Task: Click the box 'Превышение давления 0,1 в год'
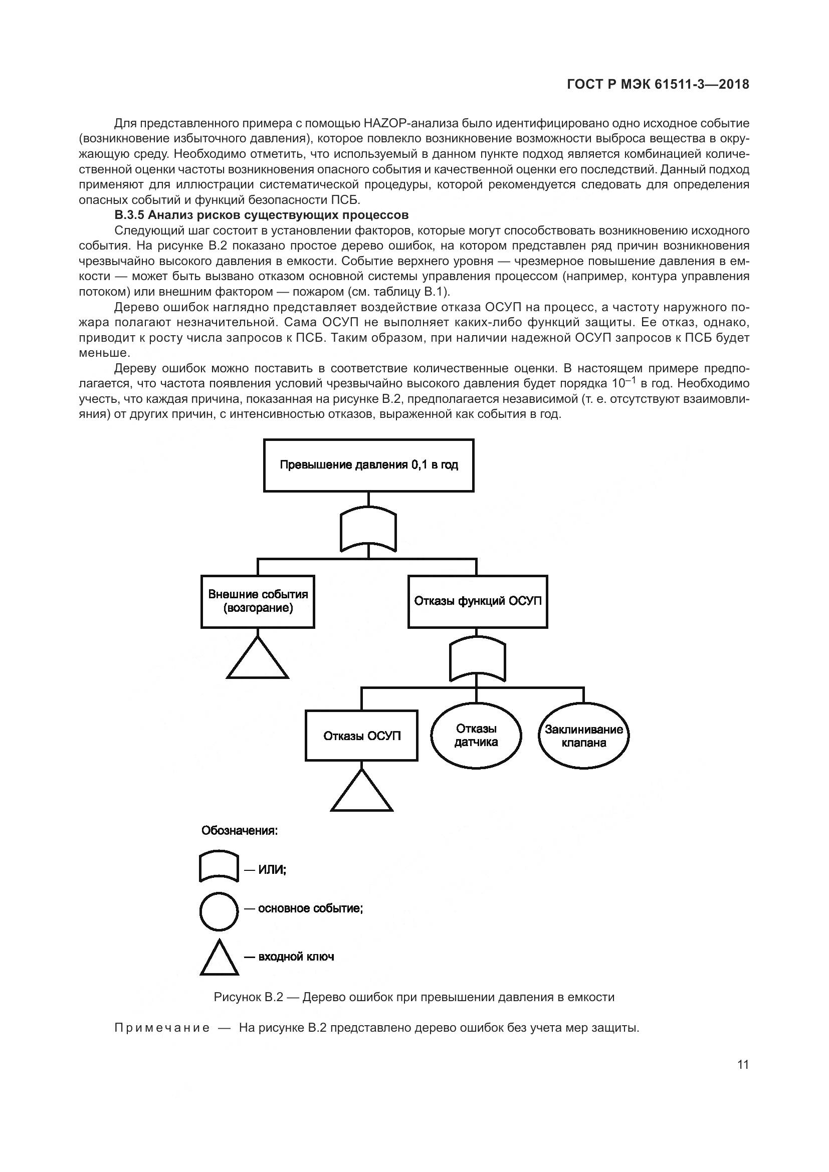pyautogui.click(x=368, y=465)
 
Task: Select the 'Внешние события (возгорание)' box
pyautogui.click(x=258, y=601)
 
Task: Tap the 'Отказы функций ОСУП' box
pyautogui.click(x=477, y=601)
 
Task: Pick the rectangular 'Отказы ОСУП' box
pyautogui.click(x=361, y=736)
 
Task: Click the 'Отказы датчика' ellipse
pyautogui.click(x=476, y=736)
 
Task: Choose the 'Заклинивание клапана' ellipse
pyautogui.click(x=583, y=736)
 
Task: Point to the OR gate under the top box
pyautogui.click(x=368, y=530)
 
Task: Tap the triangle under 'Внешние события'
pyautogui.click(x=258, y=660)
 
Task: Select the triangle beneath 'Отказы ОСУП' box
pyautogui.click(x=362, y=793)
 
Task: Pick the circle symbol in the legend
pyautogui.click(x=219, y=911)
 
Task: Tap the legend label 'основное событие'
pyautogui.click(x=310, y=908)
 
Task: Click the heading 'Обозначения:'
pyautogui.click(x=240, y=830)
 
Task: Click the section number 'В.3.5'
pyautogui.click(x=129, y=215)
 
